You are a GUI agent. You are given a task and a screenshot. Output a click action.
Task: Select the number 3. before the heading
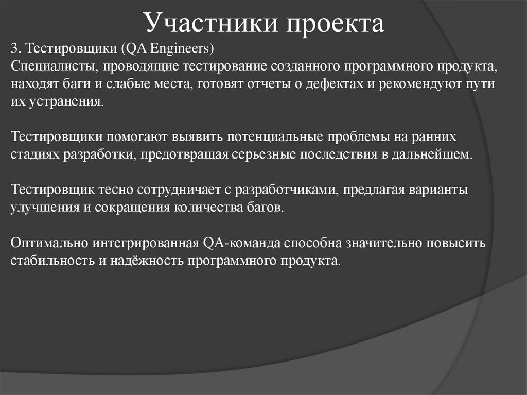pyautogui.click(x=15, y=48)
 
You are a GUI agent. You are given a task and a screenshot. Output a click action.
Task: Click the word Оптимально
pyautogui.click(x=49, y=243)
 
